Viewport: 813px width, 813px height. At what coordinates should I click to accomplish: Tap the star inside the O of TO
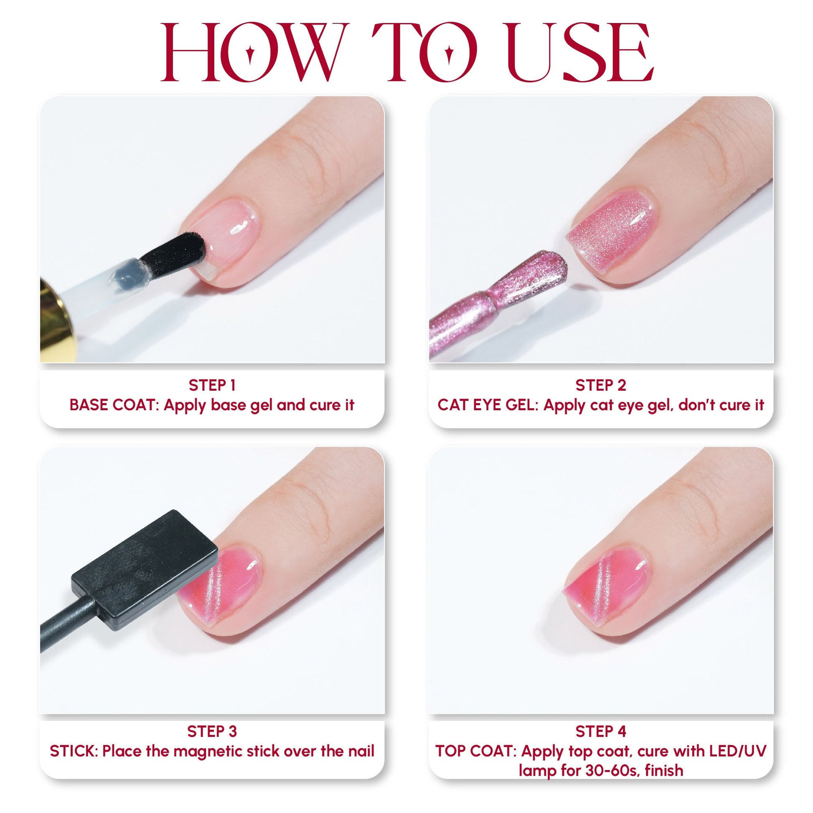[450, 53]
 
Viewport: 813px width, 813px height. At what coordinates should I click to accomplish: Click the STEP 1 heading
[212, 385]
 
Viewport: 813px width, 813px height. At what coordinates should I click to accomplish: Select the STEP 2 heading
[600, 385]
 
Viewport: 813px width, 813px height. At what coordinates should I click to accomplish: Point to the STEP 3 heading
[212, 732]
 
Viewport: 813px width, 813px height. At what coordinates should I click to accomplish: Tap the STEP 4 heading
[600, 732]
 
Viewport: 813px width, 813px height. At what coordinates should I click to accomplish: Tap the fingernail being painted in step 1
[231, 236]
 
